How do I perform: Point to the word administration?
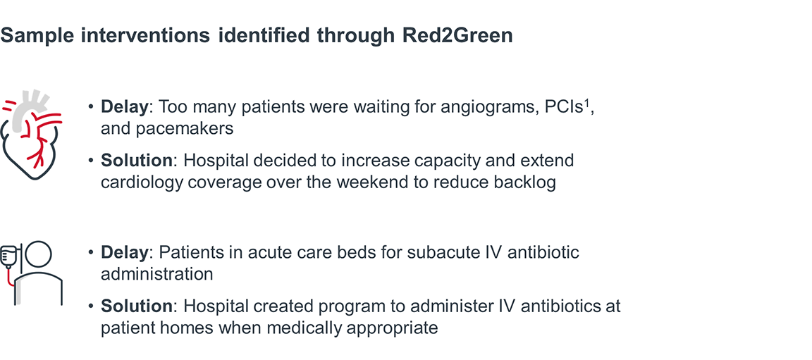coord(156,273)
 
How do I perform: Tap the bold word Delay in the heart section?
coord(125,107)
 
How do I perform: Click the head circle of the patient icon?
coord(39,256)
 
